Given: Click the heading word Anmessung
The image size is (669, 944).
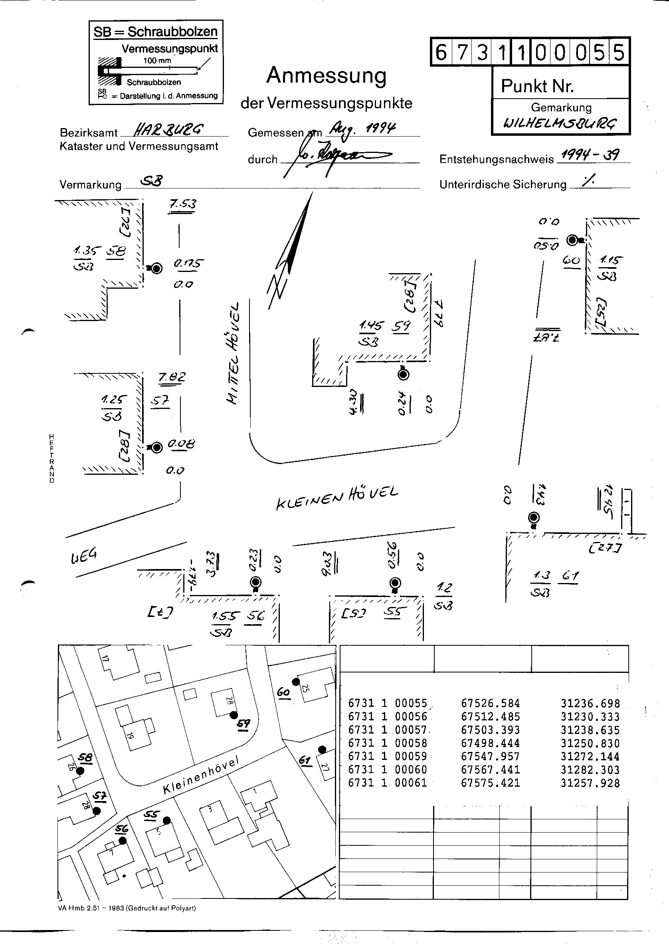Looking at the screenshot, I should coord(326,75).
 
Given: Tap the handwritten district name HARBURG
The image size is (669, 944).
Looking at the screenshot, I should coord(168,131).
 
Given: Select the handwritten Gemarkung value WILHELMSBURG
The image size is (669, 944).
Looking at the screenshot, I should coord(560,123).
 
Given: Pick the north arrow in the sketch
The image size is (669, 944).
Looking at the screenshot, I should coord(291,251).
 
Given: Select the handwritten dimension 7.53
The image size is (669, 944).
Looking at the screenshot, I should coord(182,204).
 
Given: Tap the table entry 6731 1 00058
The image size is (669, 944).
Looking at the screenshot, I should coord(387,743).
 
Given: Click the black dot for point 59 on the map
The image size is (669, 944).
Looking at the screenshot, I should coord(234,714).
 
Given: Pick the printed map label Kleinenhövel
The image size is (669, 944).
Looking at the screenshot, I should coord(201,775).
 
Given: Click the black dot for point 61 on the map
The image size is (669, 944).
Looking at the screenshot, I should coord(322,749).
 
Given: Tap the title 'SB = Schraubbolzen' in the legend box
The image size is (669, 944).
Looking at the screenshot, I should coord(155,32).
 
